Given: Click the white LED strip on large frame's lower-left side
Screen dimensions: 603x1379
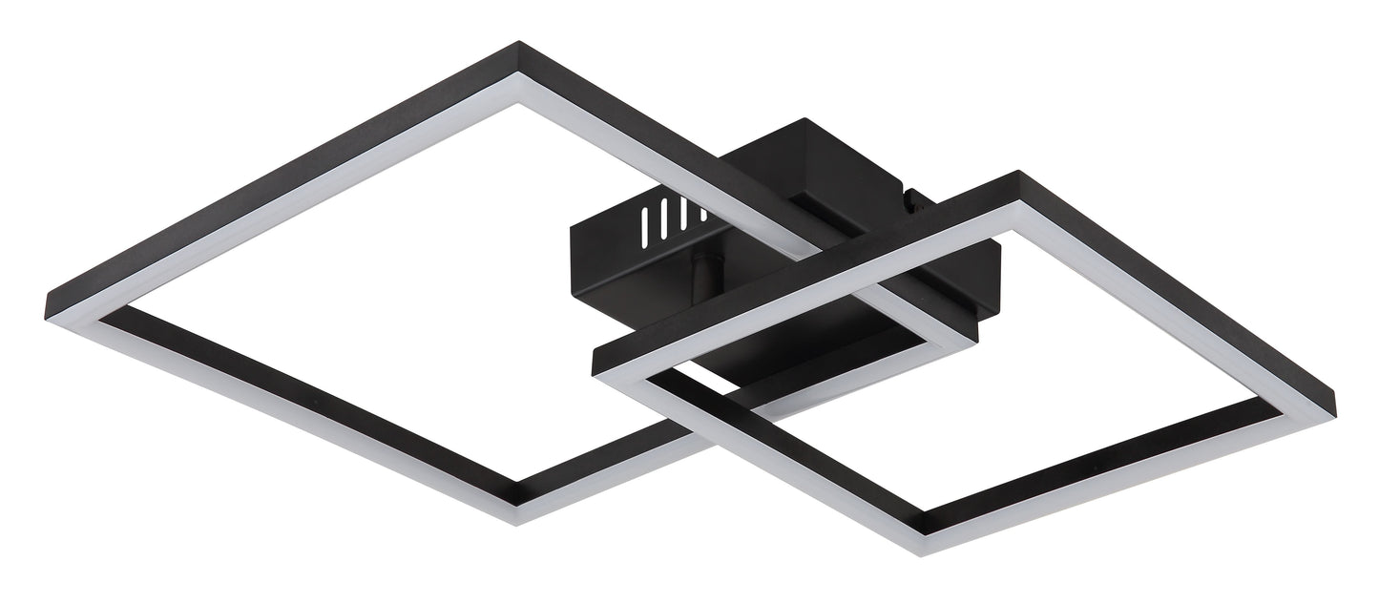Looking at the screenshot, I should (x=286, y=410).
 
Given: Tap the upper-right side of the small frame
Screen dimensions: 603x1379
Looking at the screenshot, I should (x=1174, y=277).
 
